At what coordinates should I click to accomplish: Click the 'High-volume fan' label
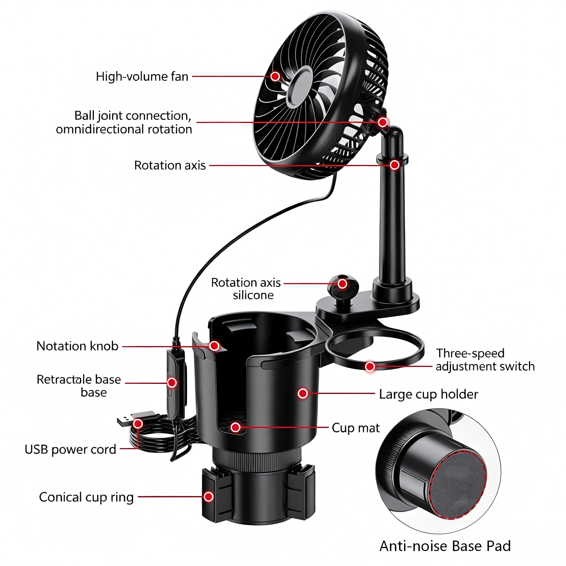coord(142,77)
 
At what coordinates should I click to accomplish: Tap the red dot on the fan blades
coord(275,77)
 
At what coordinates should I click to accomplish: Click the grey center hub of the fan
coord(298,87)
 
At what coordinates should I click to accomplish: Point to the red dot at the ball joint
coord(382,122)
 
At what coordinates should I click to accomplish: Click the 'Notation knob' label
coord(77,346)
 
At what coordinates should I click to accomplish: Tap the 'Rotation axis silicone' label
coord(246,289)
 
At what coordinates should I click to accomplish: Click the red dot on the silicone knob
coord(342,284)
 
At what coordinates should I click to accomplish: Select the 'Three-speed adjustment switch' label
coord(485,360)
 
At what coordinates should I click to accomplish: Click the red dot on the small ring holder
coord(370,366)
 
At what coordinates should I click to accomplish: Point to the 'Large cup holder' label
coord(429,394)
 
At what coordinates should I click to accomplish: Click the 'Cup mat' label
coord(356,428)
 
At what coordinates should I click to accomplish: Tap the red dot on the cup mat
coord(235,428)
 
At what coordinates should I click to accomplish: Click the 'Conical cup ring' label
coord(87,497)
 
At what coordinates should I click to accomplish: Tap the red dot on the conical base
coord(209,497)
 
